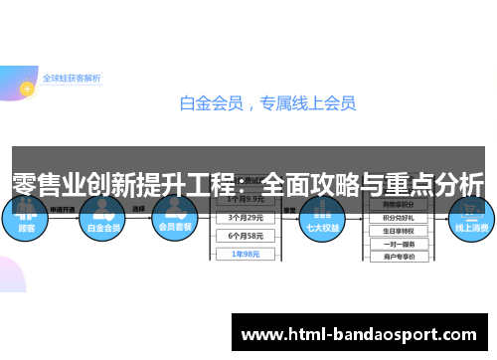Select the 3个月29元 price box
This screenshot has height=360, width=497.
[x=245, y=217]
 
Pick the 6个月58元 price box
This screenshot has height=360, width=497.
[x=245, y=235]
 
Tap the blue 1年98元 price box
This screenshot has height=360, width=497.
[x=245, y=254]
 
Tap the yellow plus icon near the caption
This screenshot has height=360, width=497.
[x=27, y=89]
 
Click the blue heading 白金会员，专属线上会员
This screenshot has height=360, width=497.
[x=267, y=101]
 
